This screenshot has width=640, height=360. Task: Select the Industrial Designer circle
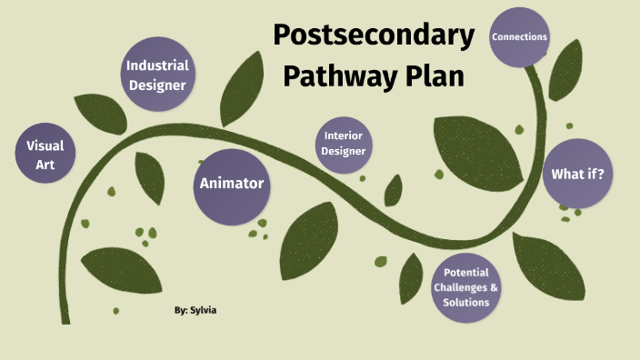pos(157,75)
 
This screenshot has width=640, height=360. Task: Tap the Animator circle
pos(232,184)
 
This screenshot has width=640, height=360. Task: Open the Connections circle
pos(519,37)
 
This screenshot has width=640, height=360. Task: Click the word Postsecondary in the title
pos(374,35)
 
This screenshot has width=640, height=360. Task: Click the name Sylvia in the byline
pos(205,310)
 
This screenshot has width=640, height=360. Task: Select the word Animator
pos(232,184)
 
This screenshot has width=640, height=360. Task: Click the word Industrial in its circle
pos(157,65)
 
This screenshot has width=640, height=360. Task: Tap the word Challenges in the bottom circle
pos(462,288)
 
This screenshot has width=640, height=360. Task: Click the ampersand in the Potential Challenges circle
pos(495,288)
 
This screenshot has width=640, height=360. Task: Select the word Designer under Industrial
pos(157,85)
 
